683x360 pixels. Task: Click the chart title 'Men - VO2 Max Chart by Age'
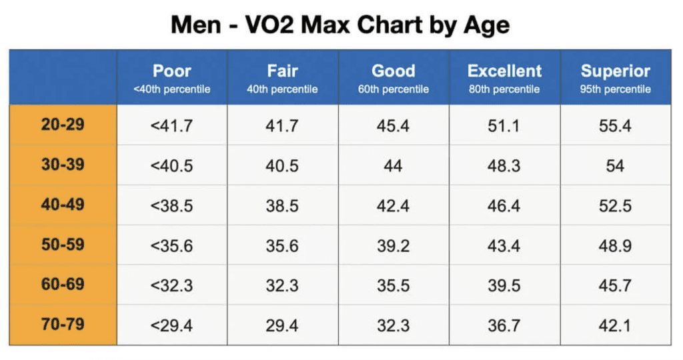340,25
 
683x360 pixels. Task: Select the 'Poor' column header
172,71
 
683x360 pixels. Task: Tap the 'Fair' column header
282,71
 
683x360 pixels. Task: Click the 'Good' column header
394,71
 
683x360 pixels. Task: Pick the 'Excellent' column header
504,71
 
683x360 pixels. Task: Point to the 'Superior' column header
615,71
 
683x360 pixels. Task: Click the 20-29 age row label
63,124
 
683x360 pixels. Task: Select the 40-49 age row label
63,205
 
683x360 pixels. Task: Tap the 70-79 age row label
63,325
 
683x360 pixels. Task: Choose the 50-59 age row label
63,245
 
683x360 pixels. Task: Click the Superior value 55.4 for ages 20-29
615,125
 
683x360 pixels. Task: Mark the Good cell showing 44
394,165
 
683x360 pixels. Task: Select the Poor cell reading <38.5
172,206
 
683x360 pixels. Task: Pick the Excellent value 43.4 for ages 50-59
504,246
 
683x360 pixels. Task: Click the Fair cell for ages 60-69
282,286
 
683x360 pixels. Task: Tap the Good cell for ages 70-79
394,326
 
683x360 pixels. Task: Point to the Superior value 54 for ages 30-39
615,165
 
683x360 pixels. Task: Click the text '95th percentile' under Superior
615,89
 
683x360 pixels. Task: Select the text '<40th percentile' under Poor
172,89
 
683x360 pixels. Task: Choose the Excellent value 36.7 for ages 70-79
504,326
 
